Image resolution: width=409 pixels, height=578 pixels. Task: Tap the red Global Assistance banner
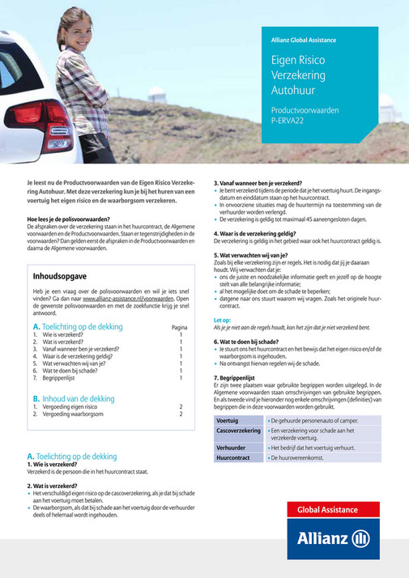coord(332,509)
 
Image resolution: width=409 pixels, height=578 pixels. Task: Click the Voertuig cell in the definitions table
coord(228,422)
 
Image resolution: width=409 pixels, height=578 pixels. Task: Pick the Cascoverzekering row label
coord(237,431)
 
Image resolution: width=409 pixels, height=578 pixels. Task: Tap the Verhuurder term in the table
coord(232,447)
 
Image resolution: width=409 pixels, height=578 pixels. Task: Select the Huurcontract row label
coord(233,457)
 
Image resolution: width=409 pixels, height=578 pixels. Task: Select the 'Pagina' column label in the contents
coord(181,327)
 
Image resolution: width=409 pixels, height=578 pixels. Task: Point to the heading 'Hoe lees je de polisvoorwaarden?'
coord(69,219)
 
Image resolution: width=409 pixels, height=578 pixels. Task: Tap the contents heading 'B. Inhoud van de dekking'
coord(74,398)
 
